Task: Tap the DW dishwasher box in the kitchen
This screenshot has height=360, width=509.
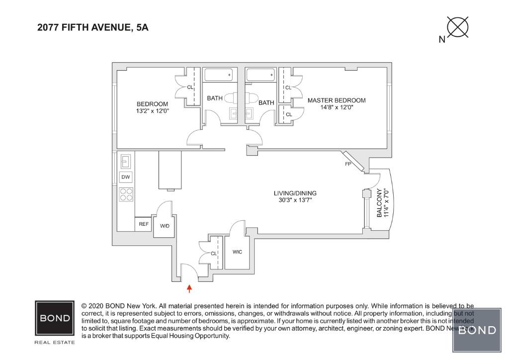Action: pyautogui.click(x=126, y=177)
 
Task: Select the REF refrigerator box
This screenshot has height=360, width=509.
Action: pyautogui.click(x=144, y=224)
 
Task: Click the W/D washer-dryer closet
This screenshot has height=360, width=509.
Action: pyautogui.click(x=165, y=226)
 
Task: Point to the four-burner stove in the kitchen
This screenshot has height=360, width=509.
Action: pyautogui.click(x=126, y=194)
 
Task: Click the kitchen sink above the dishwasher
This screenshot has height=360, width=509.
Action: pyautogui.click(x=126, y=161)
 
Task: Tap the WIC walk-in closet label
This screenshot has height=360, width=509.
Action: pyautogui.click(x=238, y=252)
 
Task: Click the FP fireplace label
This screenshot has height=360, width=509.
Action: pyautogui.click(x=348, y=163)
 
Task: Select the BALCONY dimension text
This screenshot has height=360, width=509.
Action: pyautogui.click(x=382, y=203)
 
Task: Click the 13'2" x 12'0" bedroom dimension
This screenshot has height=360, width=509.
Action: pyautogui.click(x=153, y=111)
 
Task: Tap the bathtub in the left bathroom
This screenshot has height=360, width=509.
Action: pyautogui.click(x=218, y=75)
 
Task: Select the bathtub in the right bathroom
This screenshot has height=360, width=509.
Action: pyautogui.click(x=260, y=75)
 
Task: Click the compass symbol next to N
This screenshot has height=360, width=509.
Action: pyautogui.click(x=458, y=27)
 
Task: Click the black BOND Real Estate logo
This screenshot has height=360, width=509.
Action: pyautogui.click(x=55, y=318)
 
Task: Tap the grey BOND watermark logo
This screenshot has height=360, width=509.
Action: pyautogui.click(x=477, y=330)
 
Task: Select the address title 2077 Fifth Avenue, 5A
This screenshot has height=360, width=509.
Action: pyautogui.click(x=93, y=28)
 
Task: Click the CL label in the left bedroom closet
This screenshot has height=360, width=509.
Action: pyautogui.click(x=190, y=88)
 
